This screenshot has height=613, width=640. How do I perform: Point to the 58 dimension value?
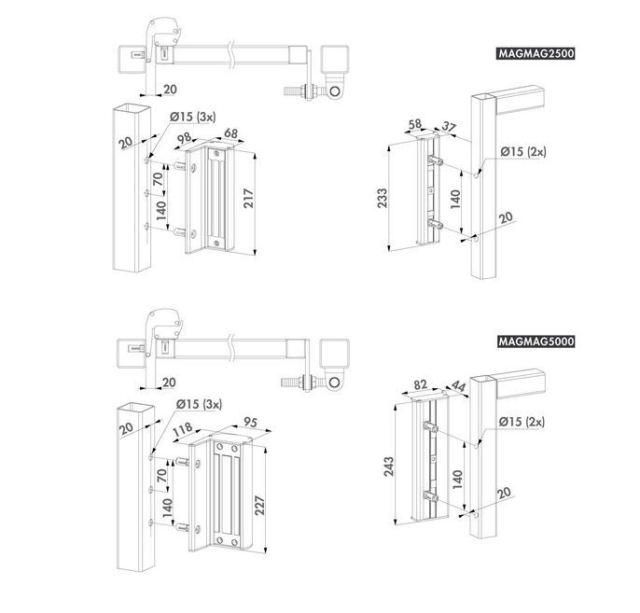click(414, 124)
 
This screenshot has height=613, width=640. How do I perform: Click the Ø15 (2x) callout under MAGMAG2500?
click(522, 151)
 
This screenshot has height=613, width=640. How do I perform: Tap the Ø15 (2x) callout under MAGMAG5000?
click(522, 423)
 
